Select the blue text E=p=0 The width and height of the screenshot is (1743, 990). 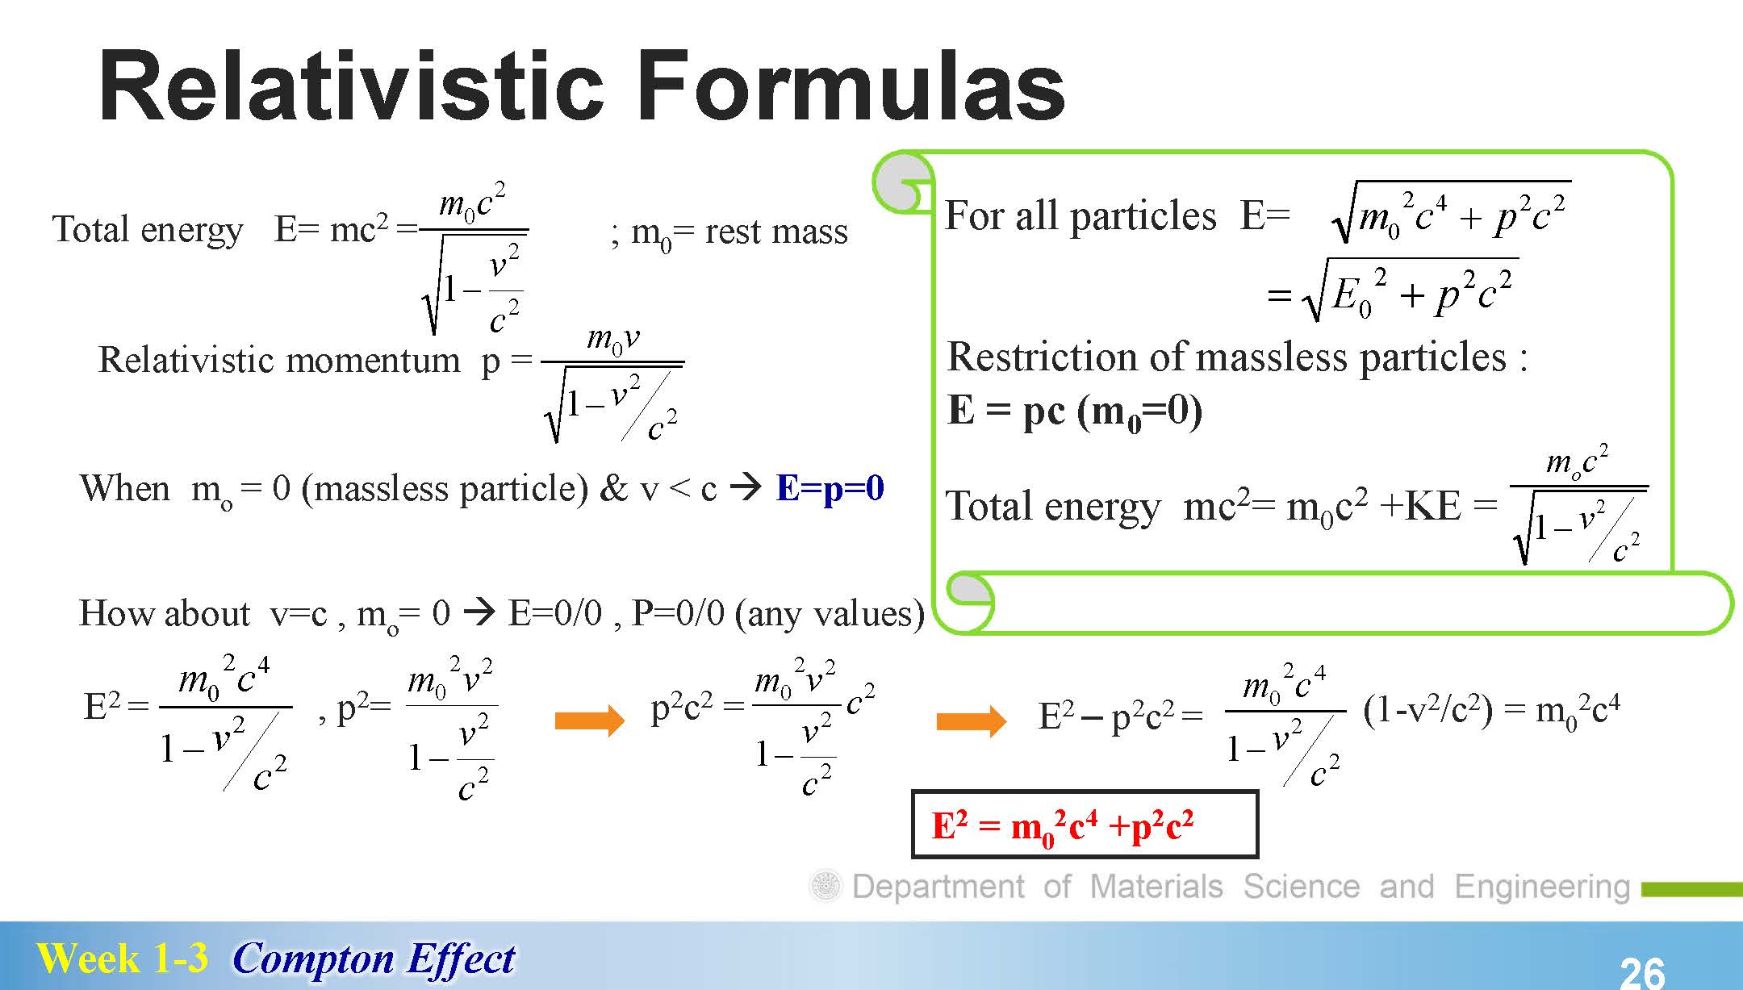tap(830, 488)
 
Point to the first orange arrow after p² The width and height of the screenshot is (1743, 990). tap(590, 720)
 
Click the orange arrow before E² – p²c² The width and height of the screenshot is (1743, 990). tap(971, 720)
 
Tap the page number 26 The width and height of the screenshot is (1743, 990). tap(1642, 972)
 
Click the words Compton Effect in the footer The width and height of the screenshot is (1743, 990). tap(374, 959)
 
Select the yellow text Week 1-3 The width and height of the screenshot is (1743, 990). tap(122, 959)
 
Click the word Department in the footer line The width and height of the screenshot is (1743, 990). tap(938, 887)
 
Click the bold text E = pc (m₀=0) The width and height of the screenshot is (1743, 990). tap(1075, 411)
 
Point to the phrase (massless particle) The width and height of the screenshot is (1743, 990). tap(445, 489)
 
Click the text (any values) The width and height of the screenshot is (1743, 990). tap(830, 614)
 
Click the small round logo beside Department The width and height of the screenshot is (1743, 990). tap(826, 887)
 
